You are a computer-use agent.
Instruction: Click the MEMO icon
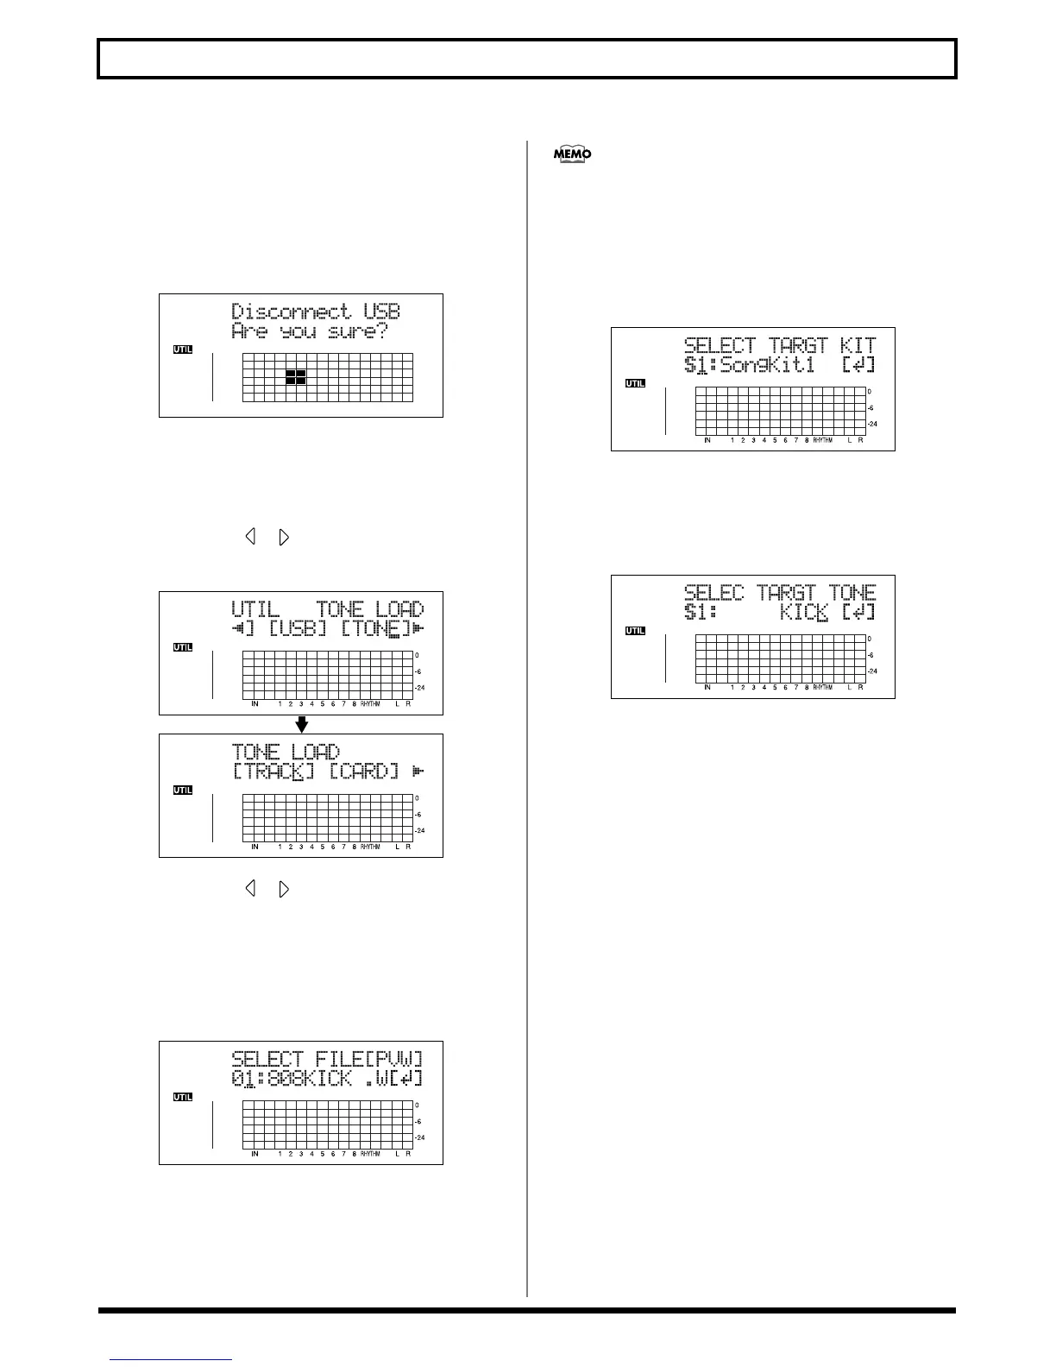tap(573, 154)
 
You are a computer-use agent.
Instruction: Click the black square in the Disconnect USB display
tap(295, 376)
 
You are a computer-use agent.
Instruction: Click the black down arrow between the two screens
tap(301, 724)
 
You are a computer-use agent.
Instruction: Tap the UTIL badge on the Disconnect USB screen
tap(183, 350)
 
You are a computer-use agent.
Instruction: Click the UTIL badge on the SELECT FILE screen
tap(183, 1097)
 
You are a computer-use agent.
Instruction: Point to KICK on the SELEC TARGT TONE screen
tap(805, 613)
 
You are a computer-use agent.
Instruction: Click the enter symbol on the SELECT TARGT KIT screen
tap(858, 365)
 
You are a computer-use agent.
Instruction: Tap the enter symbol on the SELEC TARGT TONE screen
tap(858, 613)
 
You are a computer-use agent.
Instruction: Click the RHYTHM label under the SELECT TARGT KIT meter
tap(822, 440)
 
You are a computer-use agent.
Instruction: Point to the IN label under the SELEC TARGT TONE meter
tap(707, 688)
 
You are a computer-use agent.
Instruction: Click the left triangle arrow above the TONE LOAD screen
tap(250, 537)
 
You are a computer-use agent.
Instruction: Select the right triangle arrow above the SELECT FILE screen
tap(284, 888)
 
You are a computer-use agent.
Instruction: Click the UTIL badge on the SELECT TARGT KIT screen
tap(635, 383)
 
